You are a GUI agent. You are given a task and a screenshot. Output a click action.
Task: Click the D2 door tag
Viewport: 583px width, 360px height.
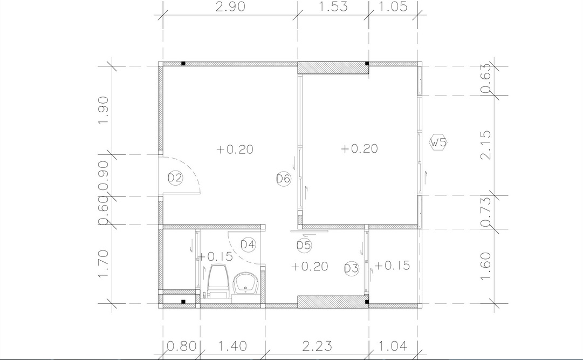[x=175, y=178]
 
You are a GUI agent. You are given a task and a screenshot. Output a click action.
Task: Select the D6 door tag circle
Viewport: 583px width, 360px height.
[x=283, y=179]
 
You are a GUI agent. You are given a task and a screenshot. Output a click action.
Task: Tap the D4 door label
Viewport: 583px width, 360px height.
[x=248, y=244]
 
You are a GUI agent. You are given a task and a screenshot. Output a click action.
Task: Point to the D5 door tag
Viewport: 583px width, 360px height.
[x=304, y=246]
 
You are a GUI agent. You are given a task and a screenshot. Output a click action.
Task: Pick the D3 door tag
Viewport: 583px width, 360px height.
[x=351, y=268]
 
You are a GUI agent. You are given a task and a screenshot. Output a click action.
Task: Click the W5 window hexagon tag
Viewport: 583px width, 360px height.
[x=438, y=142]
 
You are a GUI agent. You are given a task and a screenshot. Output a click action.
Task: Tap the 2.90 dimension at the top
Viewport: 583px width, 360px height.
[x=230, y=6]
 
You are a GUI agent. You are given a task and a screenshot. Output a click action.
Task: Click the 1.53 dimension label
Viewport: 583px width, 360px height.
[x=333, y=6]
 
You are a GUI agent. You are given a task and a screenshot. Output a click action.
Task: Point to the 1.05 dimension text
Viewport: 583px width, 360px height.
[x=394, y=6]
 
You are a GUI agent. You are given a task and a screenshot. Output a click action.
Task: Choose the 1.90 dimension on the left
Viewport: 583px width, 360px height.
[x=103, y=111]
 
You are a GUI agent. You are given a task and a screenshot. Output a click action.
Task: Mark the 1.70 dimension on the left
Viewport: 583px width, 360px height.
[x=103, y=263]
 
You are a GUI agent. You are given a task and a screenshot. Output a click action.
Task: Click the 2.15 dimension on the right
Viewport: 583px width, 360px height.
[x=485, y=145]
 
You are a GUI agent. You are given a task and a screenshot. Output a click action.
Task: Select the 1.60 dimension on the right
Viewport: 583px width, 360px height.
[x=485, y=267]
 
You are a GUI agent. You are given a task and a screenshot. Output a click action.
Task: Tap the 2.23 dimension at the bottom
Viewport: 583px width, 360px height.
[x=317, y=346]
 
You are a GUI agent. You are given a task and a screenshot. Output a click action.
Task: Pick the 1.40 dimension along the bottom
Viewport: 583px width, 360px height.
[x=232, y=346]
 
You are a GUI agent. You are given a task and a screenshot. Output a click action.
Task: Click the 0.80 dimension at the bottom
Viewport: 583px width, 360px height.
[x=181, y=346]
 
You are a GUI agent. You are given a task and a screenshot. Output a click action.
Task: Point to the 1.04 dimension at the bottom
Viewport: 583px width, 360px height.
[x=393, y=346]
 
